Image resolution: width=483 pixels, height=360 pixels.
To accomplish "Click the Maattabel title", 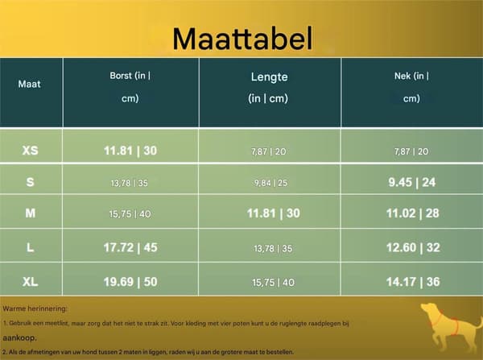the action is pos(243,39).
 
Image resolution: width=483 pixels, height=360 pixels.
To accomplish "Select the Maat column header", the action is pos(29,84).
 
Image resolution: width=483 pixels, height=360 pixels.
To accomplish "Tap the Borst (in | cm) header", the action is pos(130,87).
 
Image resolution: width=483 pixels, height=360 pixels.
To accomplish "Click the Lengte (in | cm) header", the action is pos(269,87).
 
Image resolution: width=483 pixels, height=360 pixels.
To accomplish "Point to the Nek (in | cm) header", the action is pos(411,87).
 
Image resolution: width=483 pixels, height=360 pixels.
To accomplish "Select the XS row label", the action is pos(31,151).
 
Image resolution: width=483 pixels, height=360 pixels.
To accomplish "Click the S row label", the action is pos(31,182).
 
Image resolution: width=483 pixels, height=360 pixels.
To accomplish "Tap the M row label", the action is pos(31,213).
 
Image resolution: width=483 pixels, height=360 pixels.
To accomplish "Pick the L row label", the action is pos(31,247).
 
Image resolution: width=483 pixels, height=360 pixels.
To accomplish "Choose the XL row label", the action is pos(31,281).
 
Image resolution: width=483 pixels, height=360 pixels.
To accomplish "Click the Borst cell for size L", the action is pos(130,247).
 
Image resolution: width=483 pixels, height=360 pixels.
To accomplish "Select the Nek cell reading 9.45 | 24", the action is pos(412,183).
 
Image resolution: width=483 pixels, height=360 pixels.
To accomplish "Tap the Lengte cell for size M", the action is pos(274,213).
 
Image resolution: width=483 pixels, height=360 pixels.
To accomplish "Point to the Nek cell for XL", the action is pos(413,282).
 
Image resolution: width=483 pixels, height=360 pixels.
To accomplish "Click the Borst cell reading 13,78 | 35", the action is pos(130,184).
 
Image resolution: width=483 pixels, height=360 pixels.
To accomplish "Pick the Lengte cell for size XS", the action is pos(269,151).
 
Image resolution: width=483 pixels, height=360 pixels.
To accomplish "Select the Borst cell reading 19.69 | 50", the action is pos(130,282).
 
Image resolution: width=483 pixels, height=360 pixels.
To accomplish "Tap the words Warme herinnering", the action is pos(35,308).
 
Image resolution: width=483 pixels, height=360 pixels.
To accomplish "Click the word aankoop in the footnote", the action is pos(19,337).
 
